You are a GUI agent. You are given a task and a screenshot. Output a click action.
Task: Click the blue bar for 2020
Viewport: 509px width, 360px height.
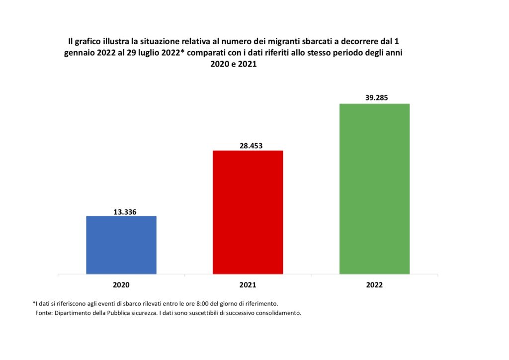click(x=121, y=245)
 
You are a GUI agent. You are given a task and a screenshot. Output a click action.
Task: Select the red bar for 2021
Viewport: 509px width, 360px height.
click(x=248, y=212)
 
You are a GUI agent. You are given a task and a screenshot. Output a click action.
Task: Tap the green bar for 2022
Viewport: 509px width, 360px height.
click(x=374, y=188)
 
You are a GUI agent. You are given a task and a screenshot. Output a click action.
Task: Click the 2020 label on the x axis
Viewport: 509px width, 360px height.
click(x=121, y=285)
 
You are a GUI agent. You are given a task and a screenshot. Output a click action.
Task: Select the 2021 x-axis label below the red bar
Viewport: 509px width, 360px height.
click(x=248, y=285)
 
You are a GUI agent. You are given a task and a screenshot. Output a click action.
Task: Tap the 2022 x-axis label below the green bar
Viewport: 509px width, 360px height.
click(x=374, y=285)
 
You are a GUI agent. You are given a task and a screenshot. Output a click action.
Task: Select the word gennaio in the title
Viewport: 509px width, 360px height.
click(x=80, y=53)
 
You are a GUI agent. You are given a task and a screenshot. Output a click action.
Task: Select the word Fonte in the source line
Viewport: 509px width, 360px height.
click(x=43, y=313)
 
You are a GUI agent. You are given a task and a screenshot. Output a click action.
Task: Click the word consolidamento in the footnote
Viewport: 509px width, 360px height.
click(x=277, y=313)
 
